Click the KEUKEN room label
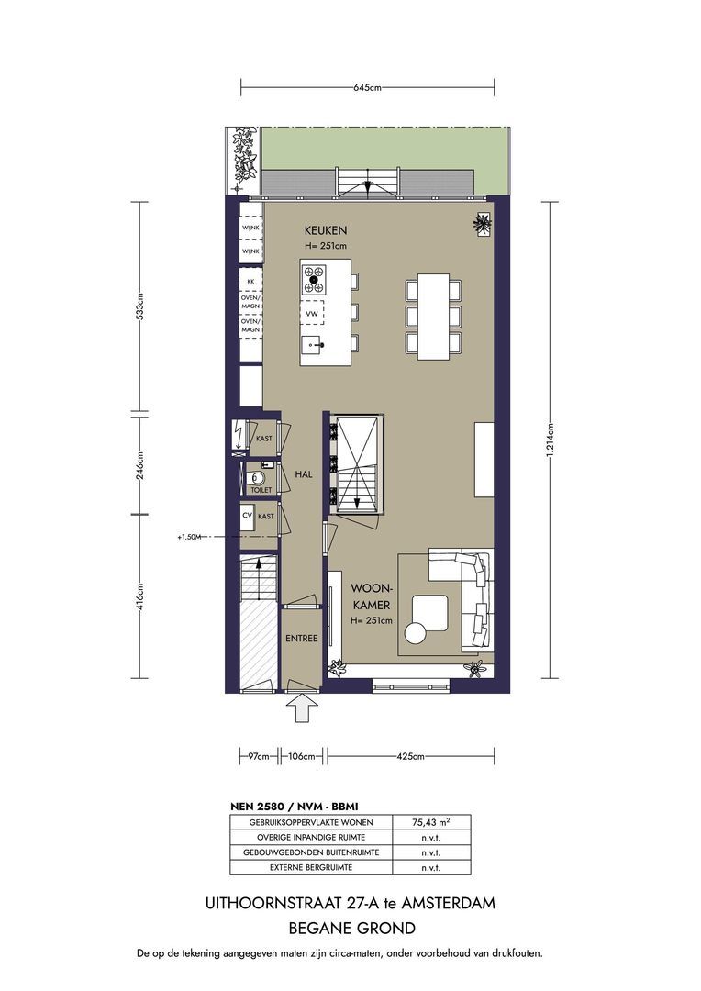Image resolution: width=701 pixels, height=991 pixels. pos(326,230)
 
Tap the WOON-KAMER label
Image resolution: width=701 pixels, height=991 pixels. pos(371,596)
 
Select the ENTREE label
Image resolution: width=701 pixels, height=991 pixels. pos(302,639)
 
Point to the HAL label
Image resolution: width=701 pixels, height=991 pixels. pos(304,474)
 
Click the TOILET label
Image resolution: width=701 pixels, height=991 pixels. pos(261,490)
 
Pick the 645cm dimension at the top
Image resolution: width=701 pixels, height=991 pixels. pos(367,88)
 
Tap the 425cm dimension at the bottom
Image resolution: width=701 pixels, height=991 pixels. pos(410,756)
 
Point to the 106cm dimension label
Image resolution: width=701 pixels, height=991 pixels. pos(301,756)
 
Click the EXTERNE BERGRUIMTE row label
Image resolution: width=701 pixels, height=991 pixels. pos(311,868)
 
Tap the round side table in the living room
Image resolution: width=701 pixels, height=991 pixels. pos(417,632)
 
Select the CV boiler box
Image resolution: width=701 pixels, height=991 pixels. pos(248,516)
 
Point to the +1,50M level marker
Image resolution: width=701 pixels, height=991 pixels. pos(189,537)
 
